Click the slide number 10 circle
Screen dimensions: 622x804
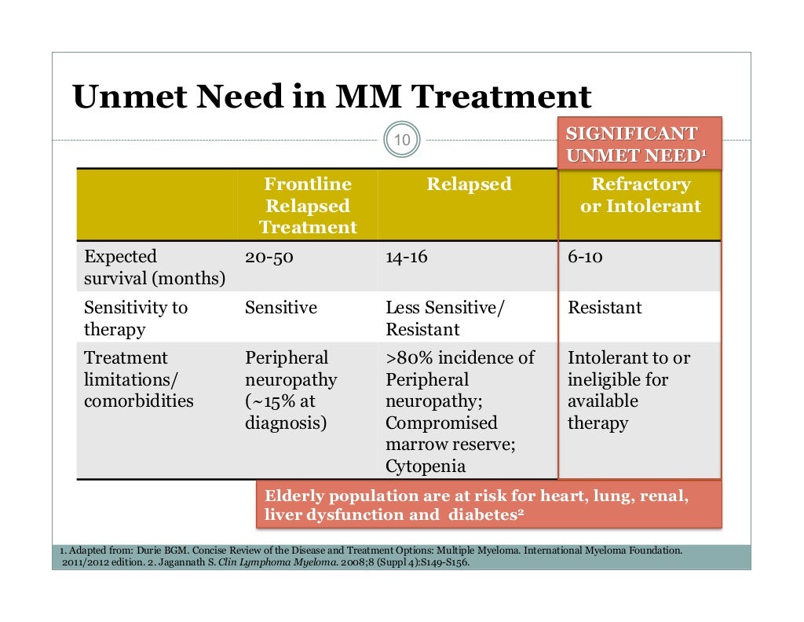coord(402,141)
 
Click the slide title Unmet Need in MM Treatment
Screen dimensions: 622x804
coord(331,97)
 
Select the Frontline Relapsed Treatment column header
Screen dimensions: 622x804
coord(308,206)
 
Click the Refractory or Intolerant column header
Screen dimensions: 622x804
coord(640,196)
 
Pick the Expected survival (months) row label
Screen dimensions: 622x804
coord(154,267)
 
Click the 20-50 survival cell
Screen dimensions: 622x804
coord(269,257)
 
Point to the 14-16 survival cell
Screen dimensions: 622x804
coord(407,257)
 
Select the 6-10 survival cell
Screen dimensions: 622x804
coord(585,257)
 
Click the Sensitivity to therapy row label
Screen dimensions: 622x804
coord(136,318)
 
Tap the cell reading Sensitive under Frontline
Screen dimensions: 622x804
coord(281,308)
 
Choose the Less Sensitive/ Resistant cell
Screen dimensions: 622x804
coord(444,318)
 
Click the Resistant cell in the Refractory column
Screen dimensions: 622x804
coord(605,308)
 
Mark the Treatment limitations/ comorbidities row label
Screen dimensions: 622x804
coord(139,379)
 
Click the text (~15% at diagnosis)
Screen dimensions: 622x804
coord(287,412)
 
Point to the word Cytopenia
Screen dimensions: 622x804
coord(425,466)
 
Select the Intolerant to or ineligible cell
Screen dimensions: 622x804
coord(628,390)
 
